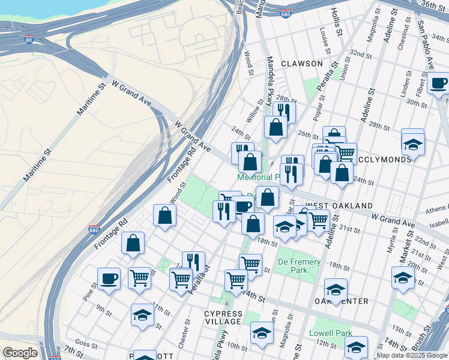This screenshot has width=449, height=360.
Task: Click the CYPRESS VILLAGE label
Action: (223, 317)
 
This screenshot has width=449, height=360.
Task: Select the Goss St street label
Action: (86, 344)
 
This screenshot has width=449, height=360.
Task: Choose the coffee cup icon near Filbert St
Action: (438, 83)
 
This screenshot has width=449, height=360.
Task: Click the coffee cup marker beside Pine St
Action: (109, 278)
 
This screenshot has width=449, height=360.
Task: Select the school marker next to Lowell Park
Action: (356, 346)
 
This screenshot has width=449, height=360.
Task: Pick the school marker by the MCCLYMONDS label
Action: (412, 143)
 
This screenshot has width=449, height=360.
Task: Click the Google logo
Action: (20, 353)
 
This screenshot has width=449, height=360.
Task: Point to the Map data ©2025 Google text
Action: (412, 355)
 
